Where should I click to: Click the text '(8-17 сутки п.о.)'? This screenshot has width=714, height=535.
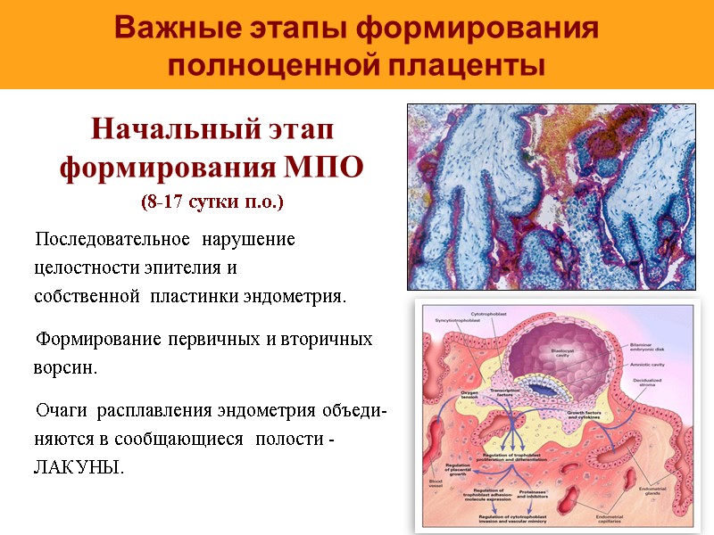pos(212,202)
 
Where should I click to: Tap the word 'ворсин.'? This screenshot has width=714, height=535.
pos(64,367)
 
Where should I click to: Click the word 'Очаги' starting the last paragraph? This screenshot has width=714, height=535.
pos(61,411)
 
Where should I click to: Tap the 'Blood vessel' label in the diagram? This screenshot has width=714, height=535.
pos(436,485)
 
